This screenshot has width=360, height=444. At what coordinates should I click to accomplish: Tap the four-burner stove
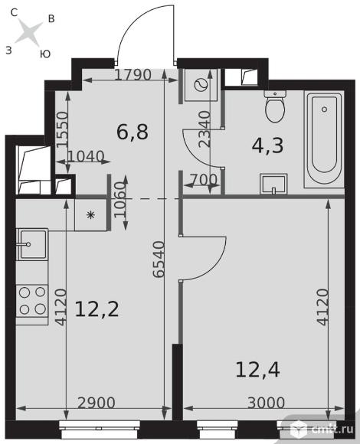pos(31,299)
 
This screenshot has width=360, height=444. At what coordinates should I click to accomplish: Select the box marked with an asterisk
pos(90,214)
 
